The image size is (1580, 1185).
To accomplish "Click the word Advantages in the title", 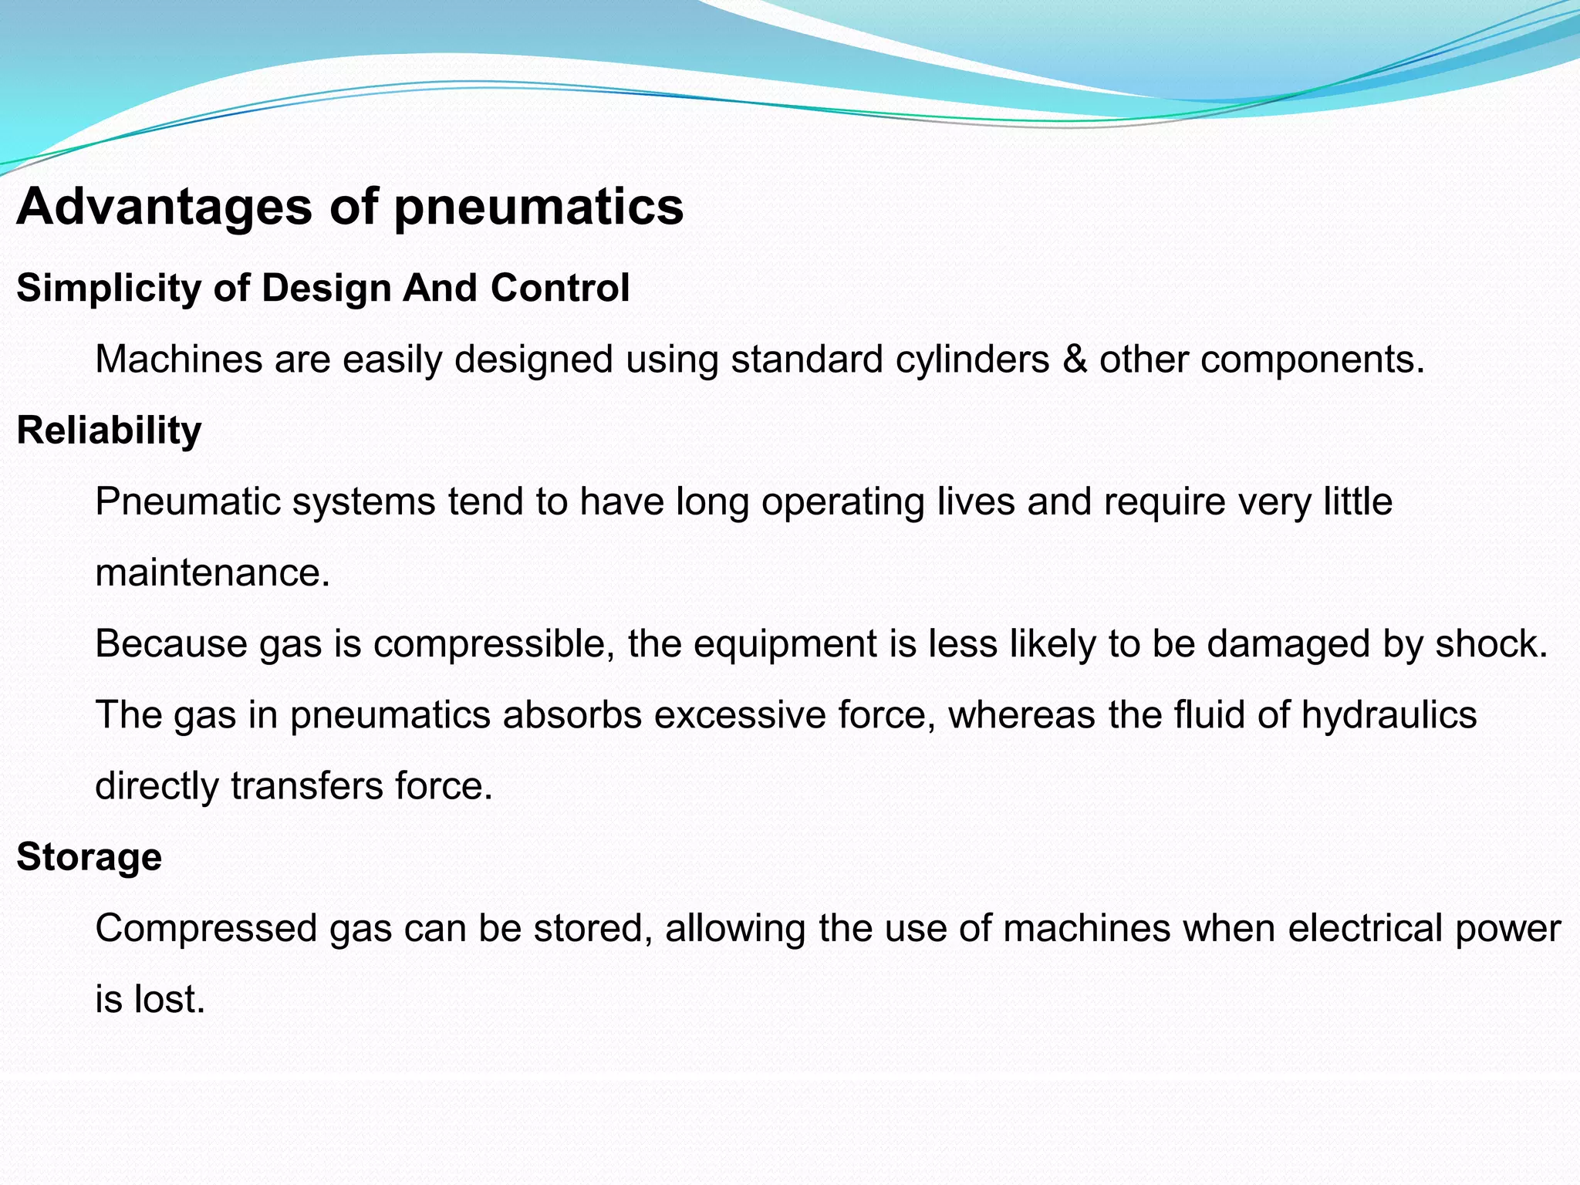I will pyautogui.click(x=164, y=208).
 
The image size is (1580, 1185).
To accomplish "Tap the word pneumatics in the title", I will pyautogui.click(x=538, y=208).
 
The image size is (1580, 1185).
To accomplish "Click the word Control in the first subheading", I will pyautogui.click(x=560, y=288).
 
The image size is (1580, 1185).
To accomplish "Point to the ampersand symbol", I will pyautogui.click(x=1075, y=360).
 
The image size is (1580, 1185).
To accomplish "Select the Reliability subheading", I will pyautogui.click(x=109, y=430).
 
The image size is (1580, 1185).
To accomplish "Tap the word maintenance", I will pyautogui.click(x=211, y=573).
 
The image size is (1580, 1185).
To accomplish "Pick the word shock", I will pyautogui.click(x=1491, y=644).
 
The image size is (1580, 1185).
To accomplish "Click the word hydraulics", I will pyautogui.click(x=1389, y=715).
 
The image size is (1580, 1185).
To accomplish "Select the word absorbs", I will pyautogui.click(x=572, y=715).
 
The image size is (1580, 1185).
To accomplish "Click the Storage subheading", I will pyautogui.click(x=89, y=857).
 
